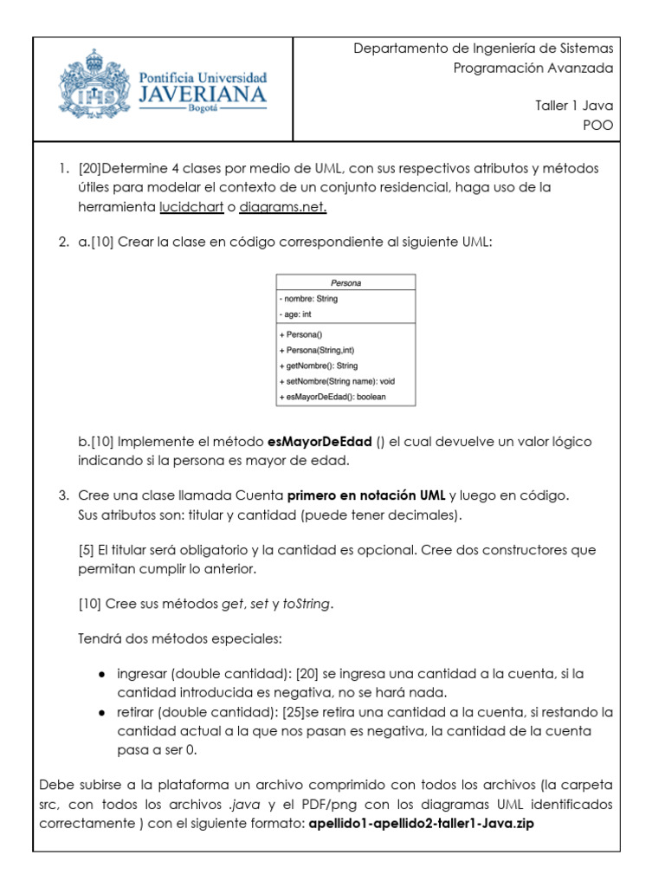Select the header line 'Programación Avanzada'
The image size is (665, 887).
(x=533, y=68)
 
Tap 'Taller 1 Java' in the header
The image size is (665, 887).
(x=574, y=106)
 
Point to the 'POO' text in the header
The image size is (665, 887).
(x=598, y=125)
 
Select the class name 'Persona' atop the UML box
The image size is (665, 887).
(x=345, y=282)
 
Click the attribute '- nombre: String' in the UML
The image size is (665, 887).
(x=309, y=299)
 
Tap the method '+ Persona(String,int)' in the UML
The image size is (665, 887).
(x=317, y=350)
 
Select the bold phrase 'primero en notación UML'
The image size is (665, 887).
(x=366, y=495)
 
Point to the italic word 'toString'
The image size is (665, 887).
(x=307, y=604)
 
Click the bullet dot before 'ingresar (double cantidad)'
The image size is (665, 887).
(x=101, y=674)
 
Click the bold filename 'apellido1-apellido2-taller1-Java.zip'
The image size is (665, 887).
(x=422, y=824)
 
